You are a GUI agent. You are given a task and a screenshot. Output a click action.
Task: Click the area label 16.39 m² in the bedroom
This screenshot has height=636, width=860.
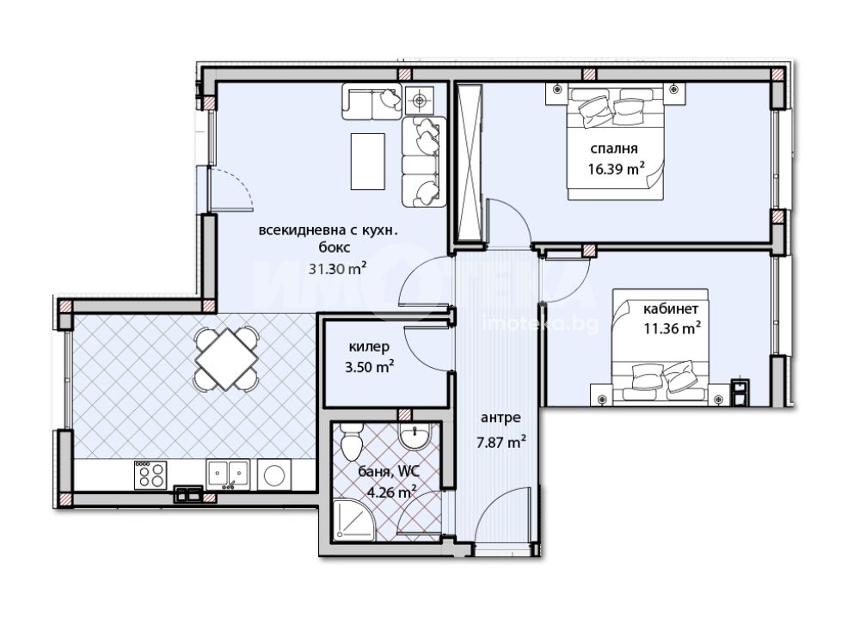[x=616, y=168]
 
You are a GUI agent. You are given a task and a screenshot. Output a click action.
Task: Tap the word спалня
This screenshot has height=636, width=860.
[x=614, y=149]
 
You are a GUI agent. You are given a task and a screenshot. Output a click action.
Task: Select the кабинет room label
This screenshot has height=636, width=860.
[x=671, y=309]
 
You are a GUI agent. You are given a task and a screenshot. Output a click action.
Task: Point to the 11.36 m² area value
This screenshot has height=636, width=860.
[x=672, y=327]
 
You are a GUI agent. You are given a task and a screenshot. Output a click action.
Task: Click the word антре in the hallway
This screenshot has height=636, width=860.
[x=501, y=418]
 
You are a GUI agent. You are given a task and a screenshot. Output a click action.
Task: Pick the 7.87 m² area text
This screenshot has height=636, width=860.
[x=502, y=442]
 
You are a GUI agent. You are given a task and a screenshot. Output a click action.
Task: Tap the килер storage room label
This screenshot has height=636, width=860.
[x=369, y=347]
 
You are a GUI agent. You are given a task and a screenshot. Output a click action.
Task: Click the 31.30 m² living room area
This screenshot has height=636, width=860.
[x=337, y=269]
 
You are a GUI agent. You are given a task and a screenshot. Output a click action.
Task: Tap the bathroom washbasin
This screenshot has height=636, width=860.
[x=415, y=437]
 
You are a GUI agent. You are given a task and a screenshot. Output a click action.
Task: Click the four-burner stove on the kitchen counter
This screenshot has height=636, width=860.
[x=150, y=474]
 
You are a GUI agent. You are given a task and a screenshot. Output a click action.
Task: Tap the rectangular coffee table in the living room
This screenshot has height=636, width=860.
[x=368, y=162]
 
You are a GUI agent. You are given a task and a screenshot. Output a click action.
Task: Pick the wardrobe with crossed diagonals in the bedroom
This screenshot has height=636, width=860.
[x=470, y=162]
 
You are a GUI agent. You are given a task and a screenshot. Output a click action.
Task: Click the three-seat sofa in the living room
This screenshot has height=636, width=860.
[x=424, y=162]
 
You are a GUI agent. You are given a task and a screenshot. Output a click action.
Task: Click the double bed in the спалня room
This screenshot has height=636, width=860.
[x=616, y=142]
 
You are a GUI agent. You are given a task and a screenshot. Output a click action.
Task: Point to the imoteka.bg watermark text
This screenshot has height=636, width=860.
[x=540, y=324]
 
